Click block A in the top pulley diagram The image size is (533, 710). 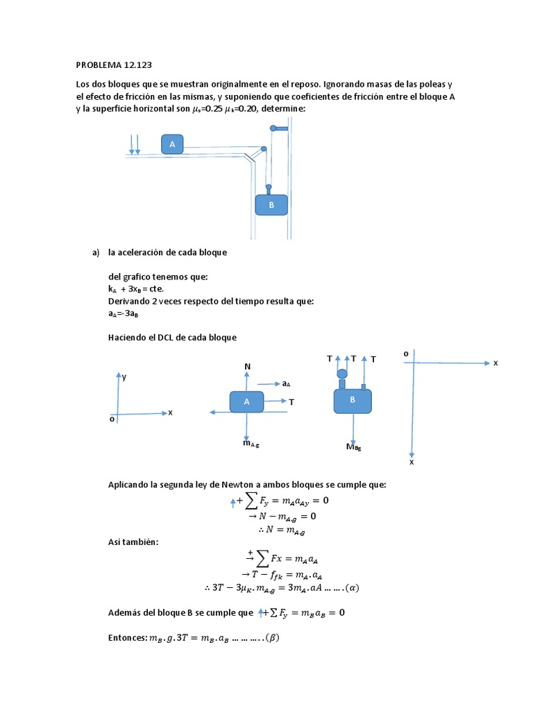click(x=172, y=144)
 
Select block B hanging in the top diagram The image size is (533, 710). click(x=271, y=205)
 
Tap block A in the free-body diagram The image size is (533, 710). click(x=246, y=402)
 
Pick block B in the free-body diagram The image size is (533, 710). click(x=353, y=401)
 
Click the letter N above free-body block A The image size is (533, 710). click(x=247, y=365)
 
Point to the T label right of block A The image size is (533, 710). click(x=291, y=401)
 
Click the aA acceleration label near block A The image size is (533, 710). click(x=285, y=383)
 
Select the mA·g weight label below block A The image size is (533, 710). click(x=251, y=443)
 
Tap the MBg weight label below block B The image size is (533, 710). click(x=354, y=447)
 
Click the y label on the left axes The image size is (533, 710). click(x=124, y=377)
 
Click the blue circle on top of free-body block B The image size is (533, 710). click(x=341, y=374)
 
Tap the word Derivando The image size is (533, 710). click(x=129, y=301)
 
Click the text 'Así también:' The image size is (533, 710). click(x=133, y=542)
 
